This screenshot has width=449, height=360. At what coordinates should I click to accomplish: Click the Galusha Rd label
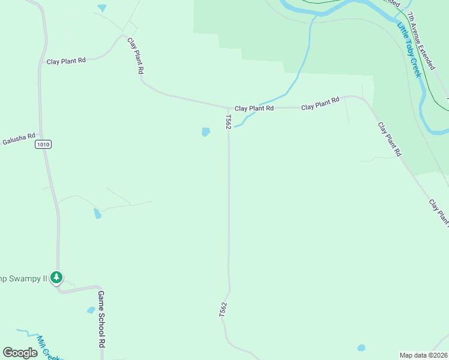coord(19,138)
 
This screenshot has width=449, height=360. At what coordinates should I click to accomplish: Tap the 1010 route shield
coord(43,144)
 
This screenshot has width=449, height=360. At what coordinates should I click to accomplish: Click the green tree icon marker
coord(56,277)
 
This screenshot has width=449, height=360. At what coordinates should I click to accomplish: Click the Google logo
coord(20,352)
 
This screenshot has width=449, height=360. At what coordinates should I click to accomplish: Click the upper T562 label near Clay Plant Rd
coord(228,122)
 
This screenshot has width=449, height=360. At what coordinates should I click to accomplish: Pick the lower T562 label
coord(223,310)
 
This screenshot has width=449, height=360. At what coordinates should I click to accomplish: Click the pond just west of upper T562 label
coord(206,132)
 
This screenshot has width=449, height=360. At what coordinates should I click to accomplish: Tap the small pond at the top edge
coord(102,8)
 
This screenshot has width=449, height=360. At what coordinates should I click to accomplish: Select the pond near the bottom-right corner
coord(361,348)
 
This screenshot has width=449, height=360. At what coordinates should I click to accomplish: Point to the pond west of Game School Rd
coord(91,310)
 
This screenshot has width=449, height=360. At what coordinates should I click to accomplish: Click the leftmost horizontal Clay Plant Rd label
coord(66,61)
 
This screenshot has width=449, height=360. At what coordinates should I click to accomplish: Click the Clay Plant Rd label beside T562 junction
coord(254,108)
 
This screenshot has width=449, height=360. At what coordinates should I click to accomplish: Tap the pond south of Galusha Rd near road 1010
coord(97,213)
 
